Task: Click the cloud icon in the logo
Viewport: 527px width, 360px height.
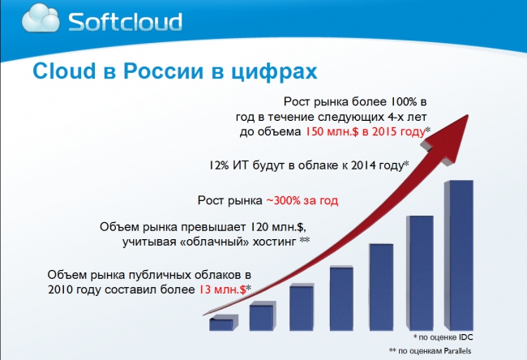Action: (x=41, y=18)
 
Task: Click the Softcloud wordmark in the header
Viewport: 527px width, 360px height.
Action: (x=125, y=22)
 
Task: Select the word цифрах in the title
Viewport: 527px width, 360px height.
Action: (x=274, y=72)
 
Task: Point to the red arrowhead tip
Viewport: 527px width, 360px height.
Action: (x=468, y=115)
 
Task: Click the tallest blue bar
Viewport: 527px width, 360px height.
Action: (x=459, y=255)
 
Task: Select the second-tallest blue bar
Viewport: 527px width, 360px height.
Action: (x=420, y=273)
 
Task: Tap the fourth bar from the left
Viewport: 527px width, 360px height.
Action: (x=341, y=298)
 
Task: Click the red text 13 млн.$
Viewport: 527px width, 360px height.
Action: (x=222, y=289)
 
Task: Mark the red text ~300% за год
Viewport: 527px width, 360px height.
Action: (x=302, y=200)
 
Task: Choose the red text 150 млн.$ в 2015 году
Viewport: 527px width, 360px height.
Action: (x=365, y=132)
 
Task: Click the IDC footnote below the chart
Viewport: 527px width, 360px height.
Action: (x=443, y=336)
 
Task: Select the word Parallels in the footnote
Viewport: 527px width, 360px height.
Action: (x=457, y=351)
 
